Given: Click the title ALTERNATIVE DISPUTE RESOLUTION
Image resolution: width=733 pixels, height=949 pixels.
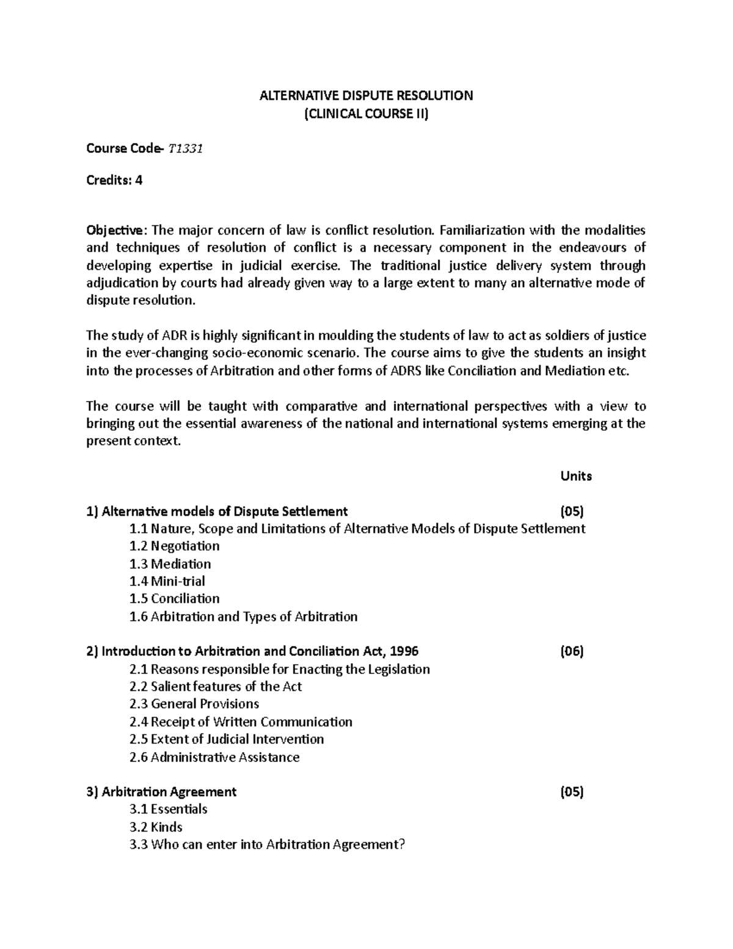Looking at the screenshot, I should click(x=366, y=95).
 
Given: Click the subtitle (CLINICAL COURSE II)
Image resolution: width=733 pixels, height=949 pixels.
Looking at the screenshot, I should click(x=366, y=113).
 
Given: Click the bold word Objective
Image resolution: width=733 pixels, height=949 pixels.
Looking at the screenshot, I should click(x=115, y=230).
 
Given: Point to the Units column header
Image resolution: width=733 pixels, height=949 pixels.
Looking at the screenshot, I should click(x=576, y=476).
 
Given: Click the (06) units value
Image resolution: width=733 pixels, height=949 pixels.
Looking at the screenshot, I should click(x=572, y=651).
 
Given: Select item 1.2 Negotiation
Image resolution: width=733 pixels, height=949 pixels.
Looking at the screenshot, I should click(x=174, y=546).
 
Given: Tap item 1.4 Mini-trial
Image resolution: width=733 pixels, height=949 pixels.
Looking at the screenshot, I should click(x=167, y=581).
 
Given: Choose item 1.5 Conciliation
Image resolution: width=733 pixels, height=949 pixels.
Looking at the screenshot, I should click(x=174, y=598).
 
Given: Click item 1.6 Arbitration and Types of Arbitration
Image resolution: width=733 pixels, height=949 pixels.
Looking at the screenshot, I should click(x=243, y=617).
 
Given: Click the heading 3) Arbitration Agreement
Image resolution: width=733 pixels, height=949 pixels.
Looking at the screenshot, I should click(x=161, y=792).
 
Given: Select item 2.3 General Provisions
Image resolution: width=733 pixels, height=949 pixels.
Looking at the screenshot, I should click(x=194, y=704).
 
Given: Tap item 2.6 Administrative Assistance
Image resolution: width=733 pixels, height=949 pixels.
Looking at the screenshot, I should click(x=214, y=757).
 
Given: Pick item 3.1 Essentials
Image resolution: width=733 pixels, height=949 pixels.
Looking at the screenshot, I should click(x=168, y=809).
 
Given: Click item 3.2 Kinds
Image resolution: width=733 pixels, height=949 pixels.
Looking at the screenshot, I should click(x=156, y=827).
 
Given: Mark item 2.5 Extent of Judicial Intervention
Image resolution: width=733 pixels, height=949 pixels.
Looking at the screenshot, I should click(x=227, y=739).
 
